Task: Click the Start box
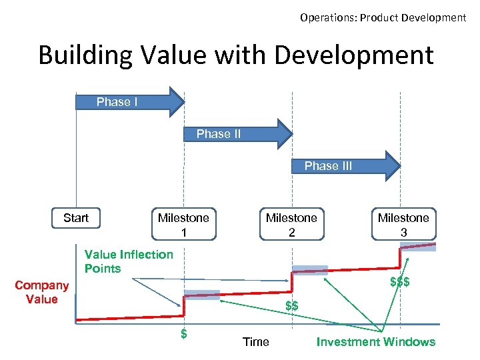pos(76,218)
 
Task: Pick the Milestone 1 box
pos(183,225)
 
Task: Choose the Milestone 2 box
pos(291,225)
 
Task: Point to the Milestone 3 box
pos(403,225)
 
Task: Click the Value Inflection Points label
pos(128,261)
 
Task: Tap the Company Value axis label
pos(41,292)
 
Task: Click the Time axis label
pos(256,342)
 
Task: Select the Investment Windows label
pos(375,342)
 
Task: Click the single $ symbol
pos(184,333)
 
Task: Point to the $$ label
pos(291,306)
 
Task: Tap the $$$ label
pos(399,282)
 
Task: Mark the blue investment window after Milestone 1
pos(201,295)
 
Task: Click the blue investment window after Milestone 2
pos(310,270)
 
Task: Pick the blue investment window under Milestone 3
pos(418,246)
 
